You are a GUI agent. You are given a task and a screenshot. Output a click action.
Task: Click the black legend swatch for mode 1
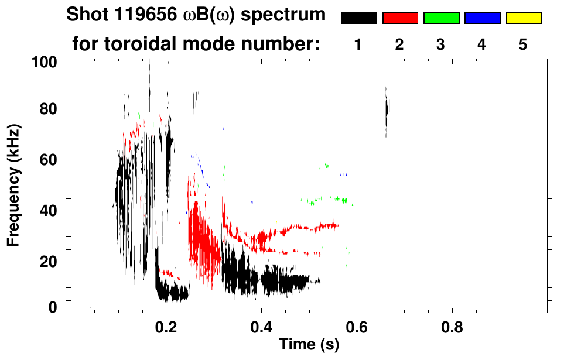[358, 18]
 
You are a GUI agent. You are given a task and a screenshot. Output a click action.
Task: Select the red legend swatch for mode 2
[400, 18]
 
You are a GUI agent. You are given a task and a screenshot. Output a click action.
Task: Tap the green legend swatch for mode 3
[441, 18]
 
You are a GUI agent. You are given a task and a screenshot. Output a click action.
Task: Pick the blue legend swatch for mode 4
[482, 18]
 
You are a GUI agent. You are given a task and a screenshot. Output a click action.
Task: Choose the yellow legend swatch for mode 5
[524, 18]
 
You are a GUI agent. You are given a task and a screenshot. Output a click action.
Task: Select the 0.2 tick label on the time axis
[166, 325]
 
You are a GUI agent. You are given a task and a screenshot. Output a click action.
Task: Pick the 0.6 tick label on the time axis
[356, 325]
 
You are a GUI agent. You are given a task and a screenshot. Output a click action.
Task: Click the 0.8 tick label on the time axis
[452, 325]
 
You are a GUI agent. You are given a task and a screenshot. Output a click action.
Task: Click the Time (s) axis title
[308, 345]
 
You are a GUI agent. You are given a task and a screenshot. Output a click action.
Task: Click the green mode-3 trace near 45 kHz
[328, 200]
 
